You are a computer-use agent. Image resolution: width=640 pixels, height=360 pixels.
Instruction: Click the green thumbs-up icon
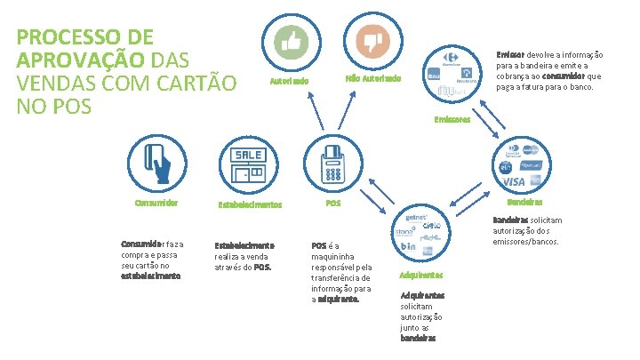[291, 40]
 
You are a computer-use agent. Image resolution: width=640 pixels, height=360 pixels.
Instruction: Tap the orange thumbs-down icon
[372, 40]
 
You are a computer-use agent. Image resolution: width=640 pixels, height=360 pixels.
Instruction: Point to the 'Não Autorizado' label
[372, 79]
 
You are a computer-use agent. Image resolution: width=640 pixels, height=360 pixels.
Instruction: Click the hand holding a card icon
[156, 162]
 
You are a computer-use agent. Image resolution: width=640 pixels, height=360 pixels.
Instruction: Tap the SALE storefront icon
[248, 164]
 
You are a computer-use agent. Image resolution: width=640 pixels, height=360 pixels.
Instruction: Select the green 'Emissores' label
[452, 119]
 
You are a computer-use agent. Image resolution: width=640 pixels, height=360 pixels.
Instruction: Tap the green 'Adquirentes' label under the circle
[421, 275]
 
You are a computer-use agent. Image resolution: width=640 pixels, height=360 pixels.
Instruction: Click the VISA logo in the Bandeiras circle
[514, 181]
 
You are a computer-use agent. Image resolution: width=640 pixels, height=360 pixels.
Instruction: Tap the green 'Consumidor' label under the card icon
[156, 203]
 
